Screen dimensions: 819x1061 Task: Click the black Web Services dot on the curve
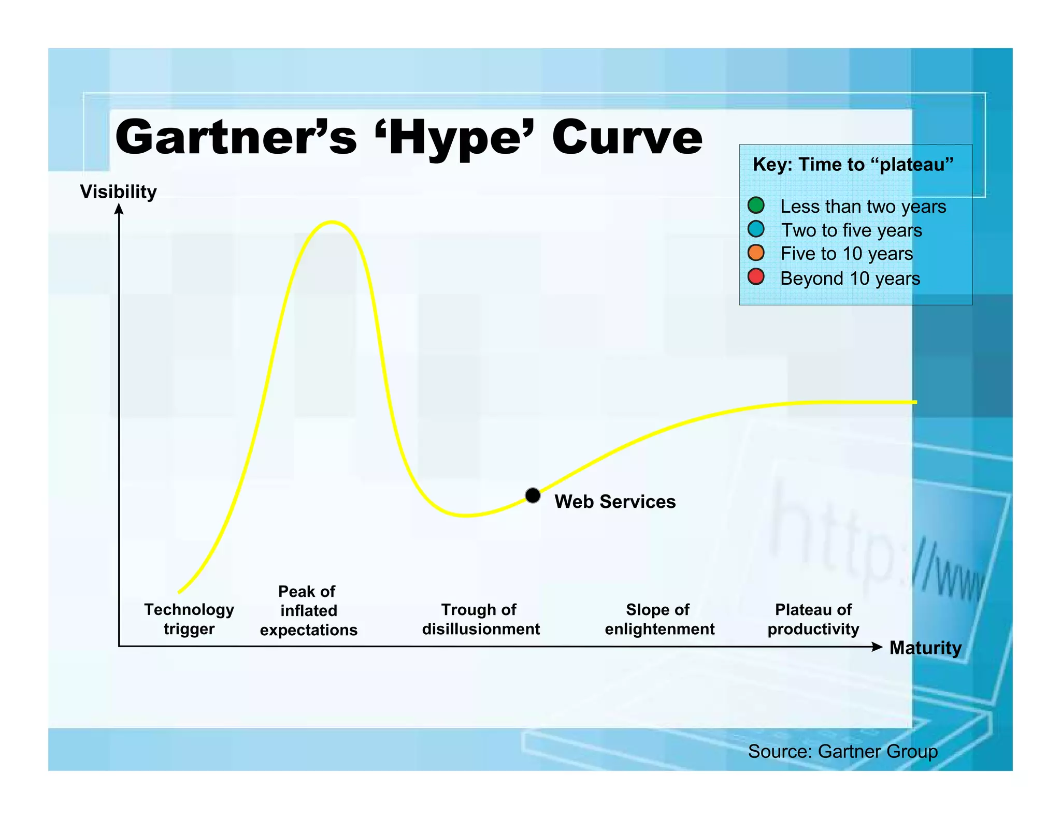click(533, 495)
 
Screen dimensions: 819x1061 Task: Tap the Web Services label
click(615, 502)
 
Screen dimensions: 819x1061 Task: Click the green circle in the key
click(756, 206)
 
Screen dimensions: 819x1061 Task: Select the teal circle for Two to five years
click(756, 229)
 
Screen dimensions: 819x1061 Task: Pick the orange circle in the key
click(756, 253)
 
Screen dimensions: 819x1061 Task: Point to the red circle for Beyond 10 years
click(756, 277)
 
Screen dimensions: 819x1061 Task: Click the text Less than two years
click(863, 207)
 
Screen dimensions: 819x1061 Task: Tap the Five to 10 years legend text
click(847, 254)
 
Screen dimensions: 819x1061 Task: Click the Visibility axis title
click(118, 192)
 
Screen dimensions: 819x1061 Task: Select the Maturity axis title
click(925, 648)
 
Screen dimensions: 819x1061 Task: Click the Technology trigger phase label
click(189, 619)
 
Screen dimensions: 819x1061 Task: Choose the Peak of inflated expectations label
click(308, 610)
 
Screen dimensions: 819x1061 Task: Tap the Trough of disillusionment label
click(481, 619)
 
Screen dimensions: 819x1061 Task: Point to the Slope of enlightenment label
click(659, 619)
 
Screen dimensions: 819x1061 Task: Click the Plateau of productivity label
click(813, 619)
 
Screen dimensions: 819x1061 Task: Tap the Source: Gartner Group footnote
click(842, 751)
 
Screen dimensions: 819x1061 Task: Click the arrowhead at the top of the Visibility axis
click(119, 208)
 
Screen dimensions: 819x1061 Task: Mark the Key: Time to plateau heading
click(853, 165)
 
